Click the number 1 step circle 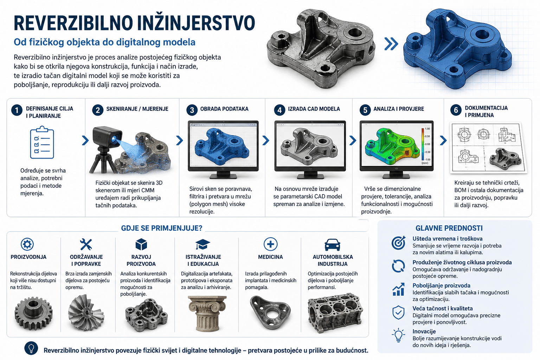point(17,110)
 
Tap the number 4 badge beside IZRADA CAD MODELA point(279,110)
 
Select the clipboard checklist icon point(42,142)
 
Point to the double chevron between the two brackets point(391,44)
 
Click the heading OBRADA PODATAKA point(224,109)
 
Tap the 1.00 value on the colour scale point(427,129)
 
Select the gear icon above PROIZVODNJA point(27,244)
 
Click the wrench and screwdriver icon point(86,244)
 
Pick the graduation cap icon point(203,244)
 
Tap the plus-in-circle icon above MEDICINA point(270,244)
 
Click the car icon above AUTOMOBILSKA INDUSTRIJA point(333,245)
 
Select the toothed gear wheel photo point(33,313)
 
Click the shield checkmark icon point(398,313)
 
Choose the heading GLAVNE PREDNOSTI point(449,228)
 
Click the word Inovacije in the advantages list point(424,331)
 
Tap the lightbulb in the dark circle point(31,348)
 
